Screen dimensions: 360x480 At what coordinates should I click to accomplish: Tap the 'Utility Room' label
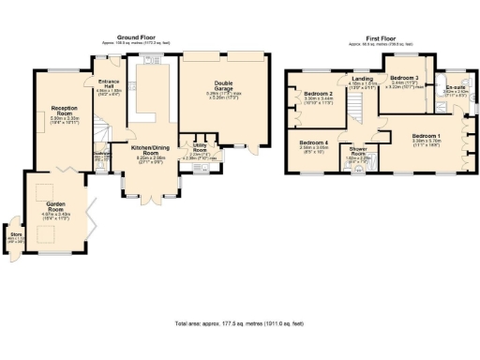point(199,147)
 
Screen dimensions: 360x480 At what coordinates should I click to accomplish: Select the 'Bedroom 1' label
point(427,137)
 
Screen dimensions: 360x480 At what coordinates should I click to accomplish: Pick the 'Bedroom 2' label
point(319,95)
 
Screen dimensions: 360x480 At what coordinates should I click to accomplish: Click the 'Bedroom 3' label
point(404,78)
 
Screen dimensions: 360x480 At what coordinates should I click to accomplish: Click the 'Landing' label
point(361,79)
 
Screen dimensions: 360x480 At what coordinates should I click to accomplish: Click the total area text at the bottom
point(239,323)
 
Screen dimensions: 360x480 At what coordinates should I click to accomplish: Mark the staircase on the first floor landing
point(357,108)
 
